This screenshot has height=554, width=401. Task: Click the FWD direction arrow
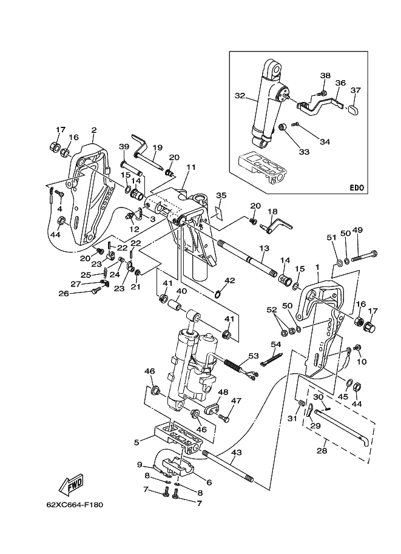point(70,484)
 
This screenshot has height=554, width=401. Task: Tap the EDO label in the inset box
point(356,187)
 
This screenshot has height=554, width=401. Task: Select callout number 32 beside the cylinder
point(239,95)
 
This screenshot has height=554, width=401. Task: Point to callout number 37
point(356,90)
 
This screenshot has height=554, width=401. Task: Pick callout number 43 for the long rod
point(237,452)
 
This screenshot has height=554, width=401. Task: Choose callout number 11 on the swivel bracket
point(191,167)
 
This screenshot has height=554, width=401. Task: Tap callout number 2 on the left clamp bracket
point(93,130)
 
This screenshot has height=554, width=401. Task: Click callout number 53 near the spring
point(254,356)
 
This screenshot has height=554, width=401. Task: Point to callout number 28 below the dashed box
point(322,451)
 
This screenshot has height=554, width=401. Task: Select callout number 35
point(221,195)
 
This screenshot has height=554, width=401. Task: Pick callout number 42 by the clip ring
point(229,280)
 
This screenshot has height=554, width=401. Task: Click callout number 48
point(223,392)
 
